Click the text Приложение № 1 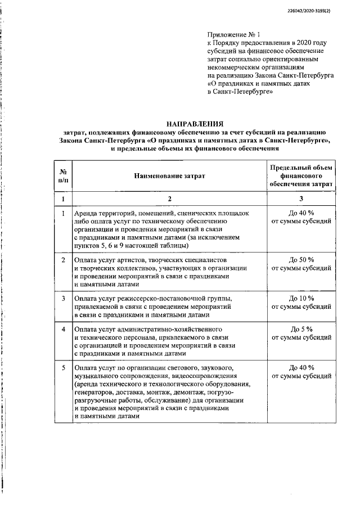click(230, 34)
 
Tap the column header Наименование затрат click(169, 175)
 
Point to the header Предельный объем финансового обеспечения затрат click(301, 175)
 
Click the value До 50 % click(301, 260)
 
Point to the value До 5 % click(301, 328)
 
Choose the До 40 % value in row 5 click(301, 367)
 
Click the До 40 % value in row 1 click(301, 214)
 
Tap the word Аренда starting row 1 click(86, 214)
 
